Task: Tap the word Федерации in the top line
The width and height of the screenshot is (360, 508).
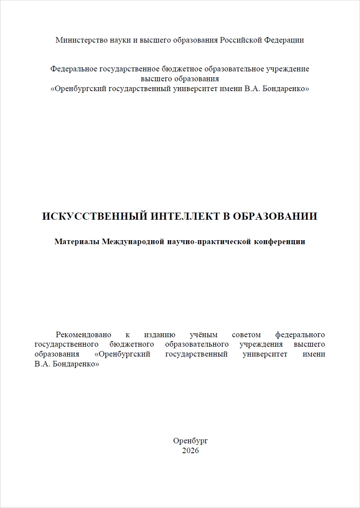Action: pos(284,40)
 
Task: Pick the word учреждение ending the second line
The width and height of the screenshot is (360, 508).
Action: pos(287,69)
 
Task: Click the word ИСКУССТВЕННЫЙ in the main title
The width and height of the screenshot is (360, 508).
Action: pos(92,217)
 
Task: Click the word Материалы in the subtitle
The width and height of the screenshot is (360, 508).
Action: pos(77,242)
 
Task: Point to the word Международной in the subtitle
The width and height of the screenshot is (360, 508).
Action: pos(133,242)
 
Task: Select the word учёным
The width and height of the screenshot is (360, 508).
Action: pos(204,335)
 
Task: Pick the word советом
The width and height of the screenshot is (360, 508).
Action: pos(246,335)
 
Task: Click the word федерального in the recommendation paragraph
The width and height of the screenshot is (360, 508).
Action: pos(300,335)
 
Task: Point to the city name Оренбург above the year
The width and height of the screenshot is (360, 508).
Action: pos(190,441)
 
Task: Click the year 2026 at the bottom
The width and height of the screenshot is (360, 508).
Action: pos(190,451)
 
